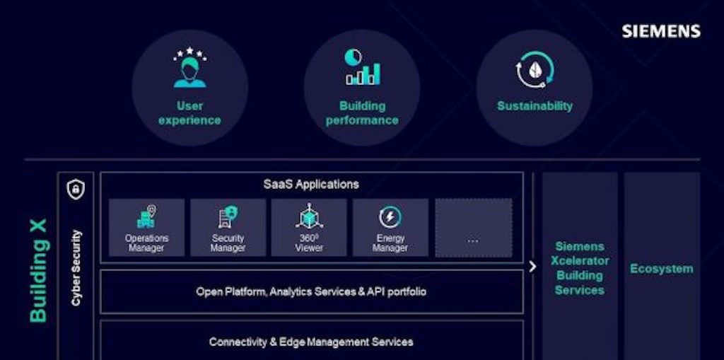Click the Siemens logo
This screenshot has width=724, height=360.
pyautogui.click(x=661, y=31)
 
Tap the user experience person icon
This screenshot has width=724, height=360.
pyautogui.click(x=189, y=68)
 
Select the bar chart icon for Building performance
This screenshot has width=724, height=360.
pyautogui.click(x=362, y=68)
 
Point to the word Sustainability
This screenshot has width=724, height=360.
pyautogui.click(x=535, y=106)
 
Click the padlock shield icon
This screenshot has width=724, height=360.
pyautogui.click(x=75, y=189)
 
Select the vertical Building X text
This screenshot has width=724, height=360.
pyautogui.click(x=38, y=271)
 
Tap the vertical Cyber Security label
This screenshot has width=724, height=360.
pyautogui.click(x=76, y=268)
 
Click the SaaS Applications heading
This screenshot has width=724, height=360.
pyautogui.click(x=311, y=185)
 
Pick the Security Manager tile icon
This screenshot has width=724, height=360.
pyautogui.click(x=228, y=216)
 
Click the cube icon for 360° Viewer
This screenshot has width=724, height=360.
pyautogui.click(x=309, y=216)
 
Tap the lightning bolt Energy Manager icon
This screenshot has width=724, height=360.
pyautogui.click(x=390, y=216)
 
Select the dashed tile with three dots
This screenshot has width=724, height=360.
pyautogui.click(x=473, y=227)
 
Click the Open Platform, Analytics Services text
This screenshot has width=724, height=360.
pyautogui.click(x=311, y=291)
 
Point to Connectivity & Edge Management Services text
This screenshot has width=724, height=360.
pyautogui.click(x=311, y=342)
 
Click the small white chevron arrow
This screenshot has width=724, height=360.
pyautogui.click(x=532, y=267)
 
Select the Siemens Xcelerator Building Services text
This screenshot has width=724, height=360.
pyautogui.click(x=579, y=268)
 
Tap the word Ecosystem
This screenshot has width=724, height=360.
pyautogui.click(x=662, y=269)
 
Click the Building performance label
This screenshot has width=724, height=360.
pyautogui.click(x=362, y=113)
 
